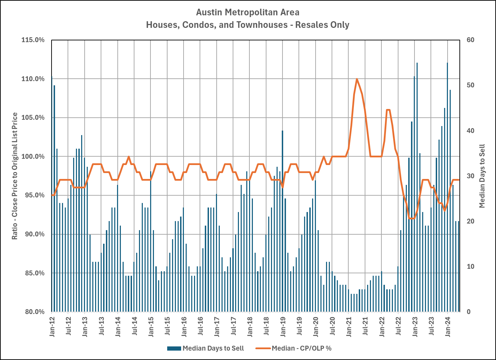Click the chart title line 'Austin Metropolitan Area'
248,13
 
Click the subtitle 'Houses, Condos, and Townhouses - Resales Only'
248,25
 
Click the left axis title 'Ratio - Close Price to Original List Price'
15,176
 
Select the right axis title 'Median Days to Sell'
482,176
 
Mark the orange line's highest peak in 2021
357,79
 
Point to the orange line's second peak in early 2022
388,110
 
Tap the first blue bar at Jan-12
52,195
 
